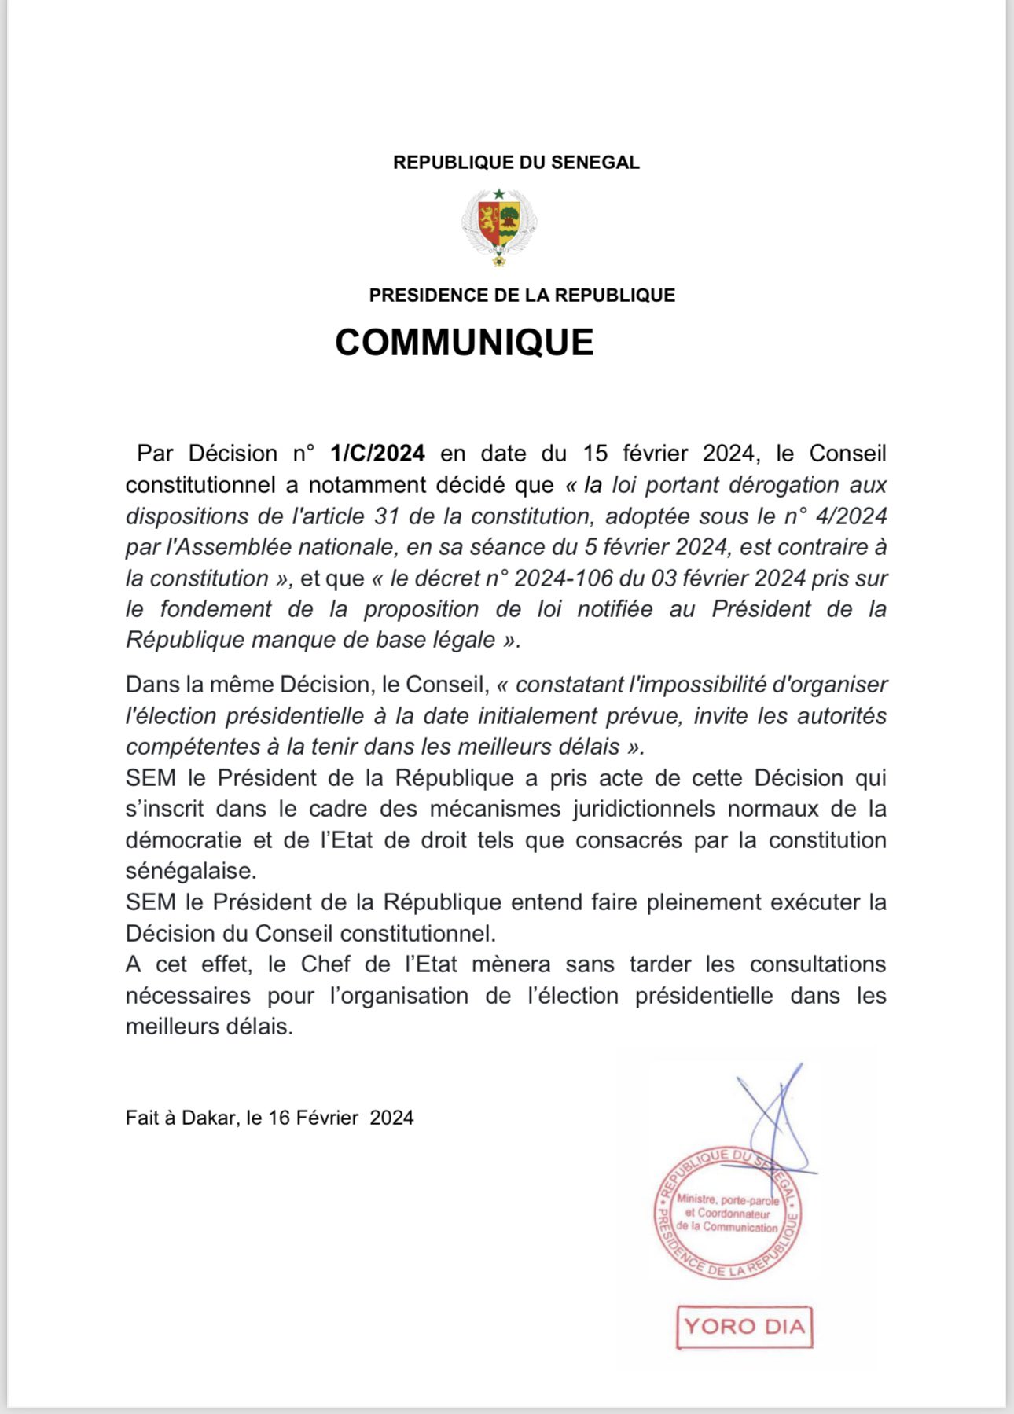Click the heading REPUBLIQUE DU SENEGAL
pyautogui.click(x=516, y=163)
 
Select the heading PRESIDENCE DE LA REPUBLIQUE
pyautogui.click(x=522, y=296)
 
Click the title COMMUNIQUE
pyautogui.click(x=465, y=343)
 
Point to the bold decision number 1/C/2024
pyautogui.click(x=377, y=454)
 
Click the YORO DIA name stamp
pyautogui.click(x=744, y=1327)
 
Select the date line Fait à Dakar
pyautogui.click(x=269, y=1118)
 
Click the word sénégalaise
pyautogui.click(x=190, y=871)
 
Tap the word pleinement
pyautogui.click(x=704, y=902)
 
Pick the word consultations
pyautogui.click(x=817, y=964)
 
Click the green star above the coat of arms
pyautogui.click(x=499, y=193)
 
